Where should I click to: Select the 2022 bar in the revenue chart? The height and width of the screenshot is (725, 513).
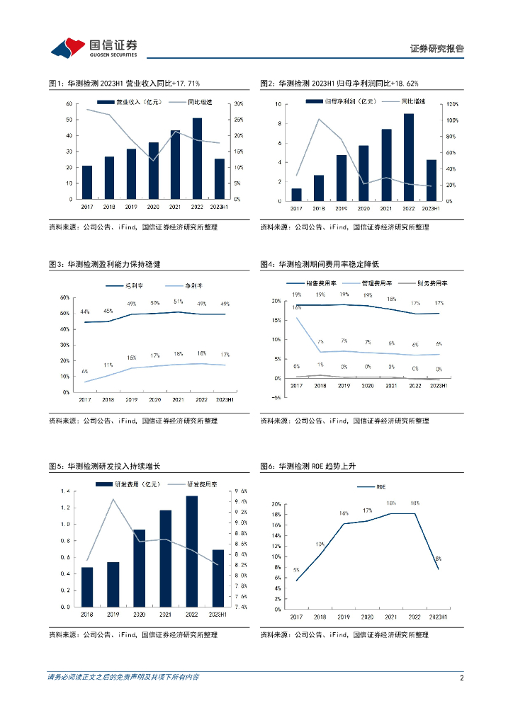(x=197, y=158)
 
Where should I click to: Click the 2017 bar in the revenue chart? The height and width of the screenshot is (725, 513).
(x=87, y=182)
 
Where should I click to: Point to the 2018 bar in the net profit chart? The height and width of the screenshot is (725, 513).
(x=319, y=188)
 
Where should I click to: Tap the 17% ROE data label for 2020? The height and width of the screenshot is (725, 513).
(x=367, y=510)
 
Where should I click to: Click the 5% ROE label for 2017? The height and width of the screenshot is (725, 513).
(x=295, y=570)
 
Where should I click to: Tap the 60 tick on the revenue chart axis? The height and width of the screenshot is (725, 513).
(x=68, y=104)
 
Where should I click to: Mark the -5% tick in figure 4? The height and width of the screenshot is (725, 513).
(x=277, y=397)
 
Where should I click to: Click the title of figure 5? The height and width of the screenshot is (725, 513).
(x=104, y=467)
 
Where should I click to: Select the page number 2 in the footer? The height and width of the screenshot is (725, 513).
(x=461, y=678)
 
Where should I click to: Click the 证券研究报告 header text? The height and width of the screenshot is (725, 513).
(x=437, y=49)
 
